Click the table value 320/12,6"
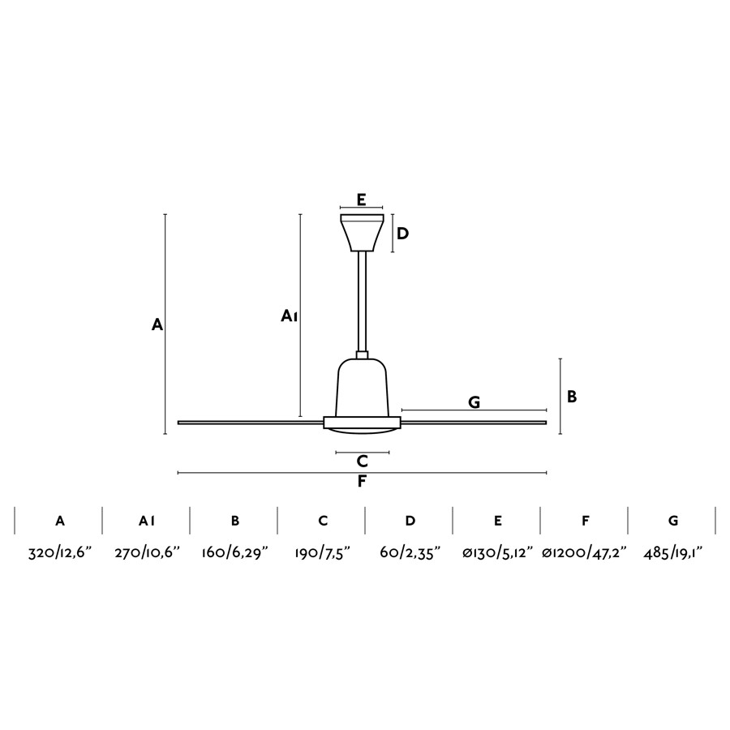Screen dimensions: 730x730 point(60,553)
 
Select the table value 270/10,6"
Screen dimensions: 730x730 point(147,553)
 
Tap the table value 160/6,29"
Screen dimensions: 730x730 point(235,553)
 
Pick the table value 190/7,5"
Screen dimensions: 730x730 point(322,553)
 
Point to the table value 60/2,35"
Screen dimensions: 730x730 point(410,553)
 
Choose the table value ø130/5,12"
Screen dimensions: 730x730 point(497,553)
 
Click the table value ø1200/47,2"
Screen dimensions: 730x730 point(585,553)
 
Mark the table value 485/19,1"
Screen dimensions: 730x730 point(672,553)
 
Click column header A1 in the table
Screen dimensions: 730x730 point(147,521)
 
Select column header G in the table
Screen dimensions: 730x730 point(673,521)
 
